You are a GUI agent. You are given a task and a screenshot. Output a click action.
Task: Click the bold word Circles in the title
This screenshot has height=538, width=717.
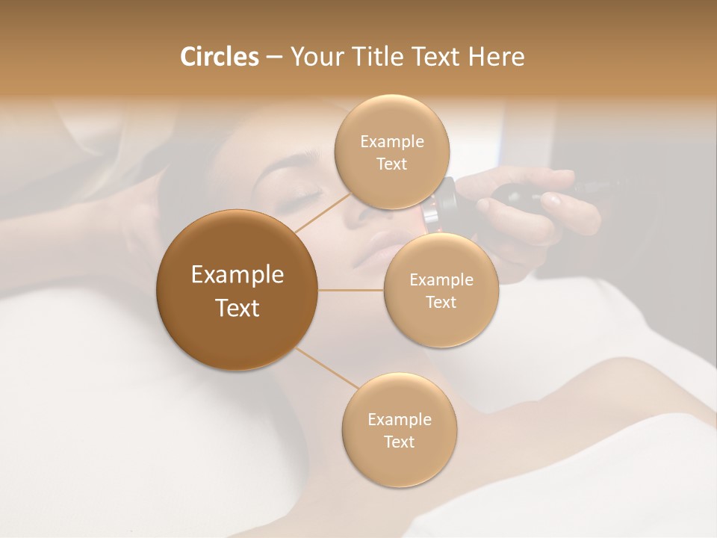click(x=219, y=57)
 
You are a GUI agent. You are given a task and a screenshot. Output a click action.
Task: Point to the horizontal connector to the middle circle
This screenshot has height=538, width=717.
click(x=351, y=290)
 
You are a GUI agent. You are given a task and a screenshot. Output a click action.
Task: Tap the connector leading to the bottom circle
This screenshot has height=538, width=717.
click(x=329, y=369)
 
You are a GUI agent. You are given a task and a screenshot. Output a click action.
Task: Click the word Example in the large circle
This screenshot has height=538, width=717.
click(x=238, y=275)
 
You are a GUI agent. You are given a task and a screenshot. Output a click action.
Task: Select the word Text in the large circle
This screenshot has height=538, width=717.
click(x=238, y=308)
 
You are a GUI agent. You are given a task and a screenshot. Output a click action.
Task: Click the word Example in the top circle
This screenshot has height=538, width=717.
click(x=392, y=142)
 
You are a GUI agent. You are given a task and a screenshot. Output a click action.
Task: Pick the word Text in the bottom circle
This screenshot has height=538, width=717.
click(x=399, y=442)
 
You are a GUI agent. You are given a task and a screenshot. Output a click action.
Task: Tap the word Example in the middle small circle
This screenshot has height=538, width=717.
click(x=441, y=280)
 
